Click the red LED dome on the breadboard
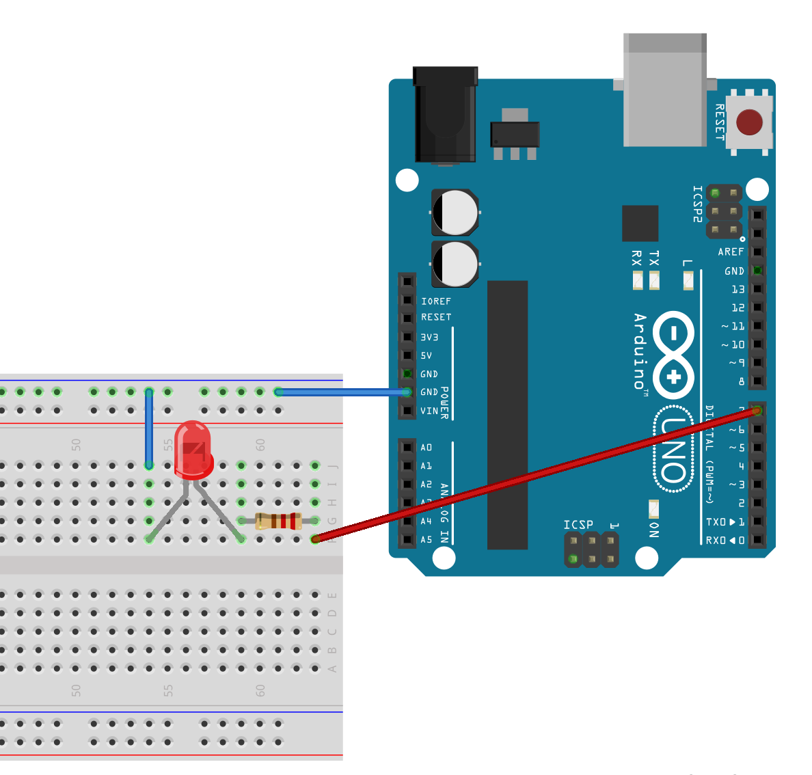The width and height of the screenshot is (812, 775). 193,448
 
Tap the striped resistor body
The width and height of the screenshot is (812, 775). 278,521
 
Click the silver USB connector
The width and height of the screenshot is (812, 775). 665,92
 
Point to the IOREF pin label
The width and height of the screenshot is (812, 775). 436,301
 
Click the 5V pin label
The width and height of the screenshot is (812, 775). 427,355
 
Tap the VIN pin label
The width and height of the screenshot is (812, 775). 429,411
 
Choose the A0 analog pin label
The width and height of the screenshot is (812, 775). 427,448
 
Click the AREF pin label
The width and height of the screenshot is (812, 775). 731,252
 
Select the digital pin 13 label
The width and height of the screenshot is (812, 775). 738,289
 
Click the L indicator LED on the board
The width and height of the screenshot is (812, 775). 688,280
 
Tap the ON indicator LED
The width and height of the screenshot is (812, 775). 653,509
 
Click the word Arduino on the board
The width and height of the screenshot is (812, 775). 640,351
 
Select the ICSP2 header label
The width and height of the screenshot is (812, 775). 697,204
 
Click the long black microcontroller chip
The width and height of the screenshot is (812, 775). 507,414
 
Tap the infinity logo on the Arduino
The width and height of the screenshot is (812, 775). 673,355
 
